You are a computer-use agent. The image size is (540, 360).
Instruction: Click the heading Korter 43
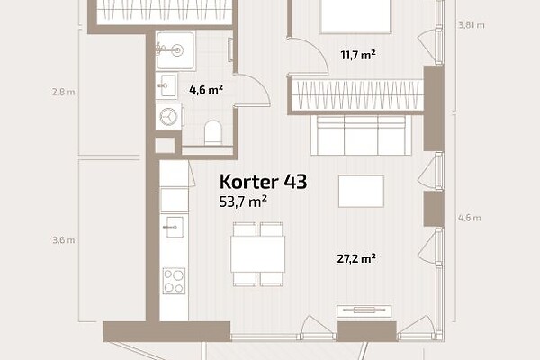[263, 182]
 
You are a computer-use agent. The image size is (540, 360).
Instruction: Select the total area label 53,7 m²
[243, 202]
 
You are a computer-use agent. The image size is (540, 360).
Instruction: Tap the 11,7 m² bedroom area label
[358, 55]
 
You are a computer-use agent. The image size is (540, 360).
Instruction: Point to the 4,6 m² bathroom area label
[206, 90]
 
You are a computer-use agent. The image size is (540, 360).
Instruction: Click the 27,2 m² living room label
[356, 258]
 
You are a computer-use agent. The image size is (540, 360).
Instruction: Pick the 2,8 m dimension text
[64, 92]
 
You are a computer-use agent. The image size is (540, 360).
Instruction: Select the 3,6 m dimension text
[64, 240]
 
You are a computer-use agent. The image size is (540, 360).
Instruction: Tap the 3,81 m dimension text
[472, 25]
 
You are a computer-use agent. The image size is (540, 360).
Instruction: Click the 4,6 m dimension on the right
[470, 218]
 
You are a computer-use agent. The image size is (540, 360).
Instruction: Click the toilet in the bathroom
[213, 132]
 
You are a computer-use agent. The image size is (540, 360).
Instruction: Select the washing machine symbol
[169, 116]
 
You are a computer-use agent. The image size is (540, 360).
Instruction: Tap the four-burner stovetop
[174, 281]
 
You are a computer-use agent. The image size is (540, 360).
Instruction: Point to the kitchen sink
[174, 227]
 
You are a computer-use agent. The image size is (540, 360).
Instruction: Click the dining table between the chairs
[258, 254]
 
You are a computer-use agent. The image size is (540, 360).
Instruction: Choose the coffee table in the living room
[361, 191]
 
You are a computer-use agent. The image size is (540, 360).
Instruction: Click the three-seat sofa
[361, 135]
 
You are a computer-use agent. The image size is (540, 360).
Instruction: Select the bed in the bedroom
[355, 16]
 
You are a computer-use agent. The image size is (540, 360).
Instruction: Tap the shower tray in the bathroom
[175, 50]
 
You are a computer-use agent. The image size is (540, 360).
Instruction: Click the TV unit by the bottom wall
[364, 311]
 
